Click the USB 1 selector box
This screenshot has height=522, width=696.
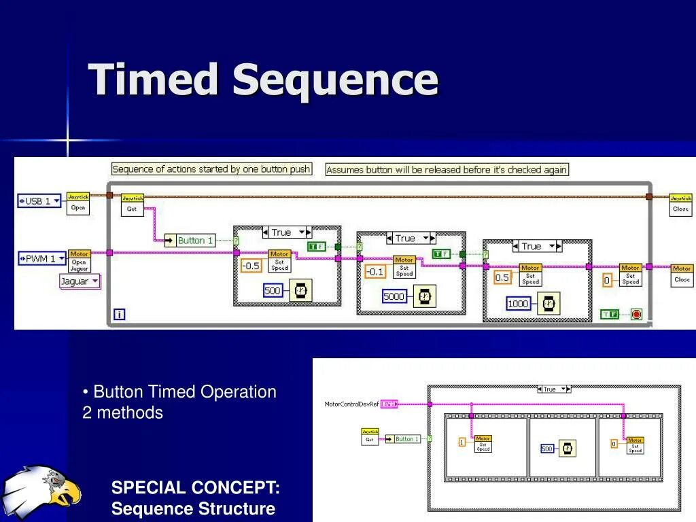[39, 201]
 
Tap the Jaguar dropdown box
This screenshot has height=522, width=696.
[80, 281]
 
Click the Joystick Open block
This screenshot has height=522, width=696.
[78, 204]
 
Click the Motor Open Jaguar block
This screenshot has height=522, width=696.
[79, 262]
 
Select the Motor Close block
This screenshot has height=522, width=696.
[682, 275]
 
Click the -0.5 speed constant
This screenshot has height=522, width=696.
[251, 266]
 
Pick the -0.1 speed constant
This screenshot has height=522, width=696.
[375, 272]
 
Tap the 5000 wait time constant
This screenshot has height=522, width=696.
[394, 296]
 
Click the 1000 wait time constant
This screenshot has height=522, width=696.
[518, 304]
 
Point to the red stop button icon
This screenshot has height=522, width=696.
[636, 314]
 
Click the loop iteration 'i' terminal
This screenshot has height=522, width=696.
[120, 314]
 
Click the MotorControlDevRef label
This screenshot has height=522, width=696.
[351, 404]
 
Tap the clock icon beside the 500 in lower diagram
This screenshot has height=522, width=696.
[566, 448]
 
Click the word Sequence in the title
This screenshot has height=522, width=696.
[334, 80]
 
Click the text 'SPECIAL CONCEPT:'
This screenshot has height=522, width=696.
[195, 487]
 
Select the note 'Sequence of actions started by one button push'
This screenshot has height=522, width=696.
[211, 169]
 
